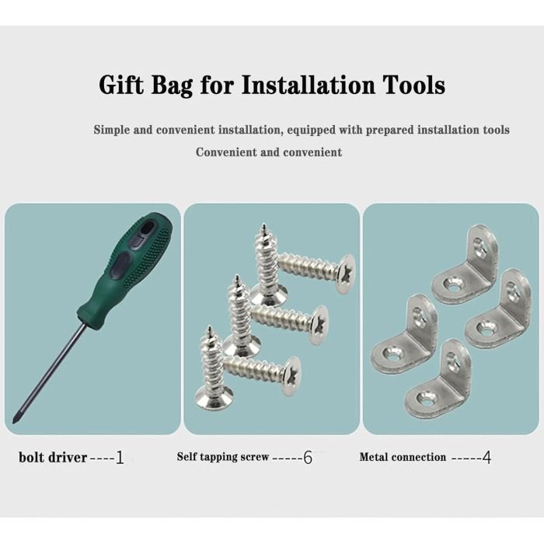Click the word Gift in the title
[x=121, y=85]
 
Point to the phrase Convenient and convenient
[x=269, y=152]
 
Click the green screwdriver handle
[x=125, y=270]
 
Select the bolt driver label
[x=53, y=457]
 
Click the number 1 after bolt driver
[x=120, y=457]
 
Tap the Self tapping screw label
[x=223, y=457]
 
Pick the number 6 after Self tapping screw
[x=308, y=457]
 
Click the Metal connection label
[x=403, y=457]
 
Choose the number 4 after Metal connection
[x=486, y=457]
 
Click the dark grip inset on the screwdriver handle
[x=121, y=263]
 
